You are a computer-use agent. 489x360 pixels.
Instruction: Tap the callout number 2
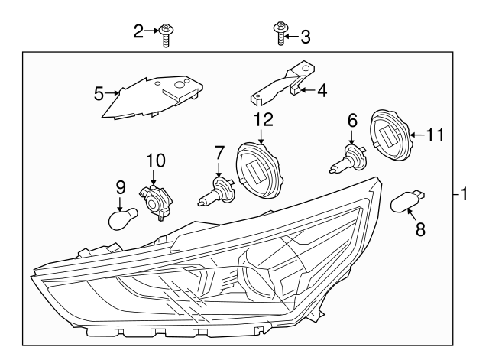tap(138, 31)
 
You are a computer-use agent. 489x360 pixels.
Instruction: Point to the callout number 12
tap(263, 118)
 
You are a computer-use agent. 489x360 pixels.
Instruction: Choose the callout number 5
tap(98, 94)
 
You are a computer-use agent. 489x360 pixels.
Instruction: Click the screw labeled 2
tap(165, 35)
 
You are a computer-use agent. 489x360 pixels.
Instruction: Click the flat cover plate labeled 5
tap(153, 96)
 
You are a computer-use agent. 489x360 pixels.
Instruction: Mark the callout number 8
tap(419, 229)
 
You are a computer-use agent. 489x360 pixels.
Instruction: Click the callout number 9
tap(120, 185)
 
